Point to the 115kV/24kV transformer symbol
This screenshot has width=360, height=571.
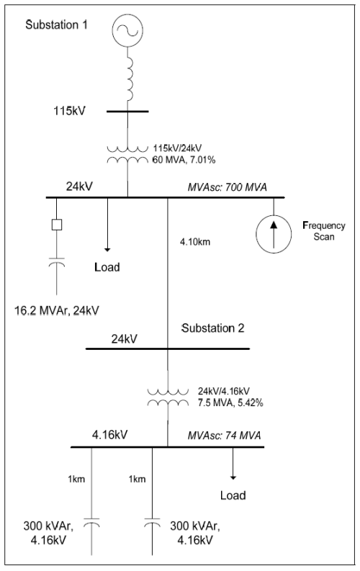(x=127, y=155)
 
